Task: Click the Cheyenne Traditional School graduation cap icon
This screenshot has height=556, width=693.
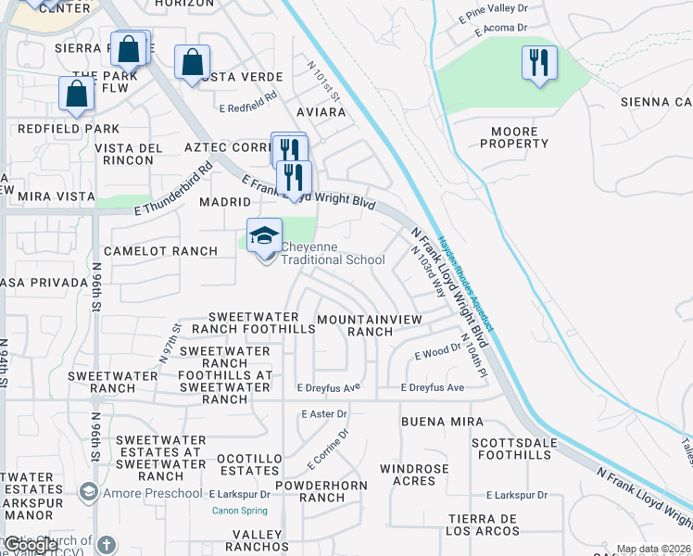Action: coord(264,236)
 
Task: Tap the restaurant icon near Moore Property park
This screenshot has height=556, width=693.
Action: coord(539,63)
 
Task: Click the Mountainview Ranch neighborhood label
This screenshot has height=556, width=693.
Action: coord(369,325)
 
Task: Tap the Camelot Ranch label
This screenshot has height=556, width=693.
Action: coord(160,251)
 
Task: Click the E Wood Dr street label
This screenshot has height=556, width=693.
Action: coord(437,353)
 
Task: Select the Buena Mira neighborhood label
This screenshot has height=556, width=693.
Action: coord(442,421)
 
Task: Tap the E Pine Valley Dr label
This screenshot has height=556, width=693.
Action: coord(493,13)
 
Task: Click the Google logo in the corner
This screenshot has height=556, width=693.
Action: coord(31,546)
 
